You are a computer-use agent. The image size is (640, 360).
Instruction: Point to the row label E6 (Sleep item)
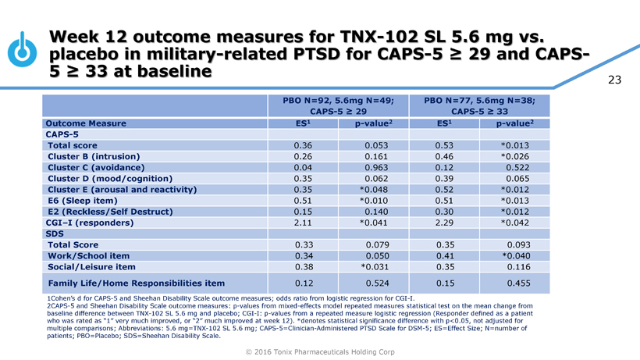(85, 201)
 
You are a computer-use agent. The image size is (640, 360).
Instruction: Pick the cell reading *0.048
(373, 190)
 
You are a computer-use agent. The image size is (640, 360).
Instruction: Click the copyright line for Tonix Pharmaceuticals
(319, 352)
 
